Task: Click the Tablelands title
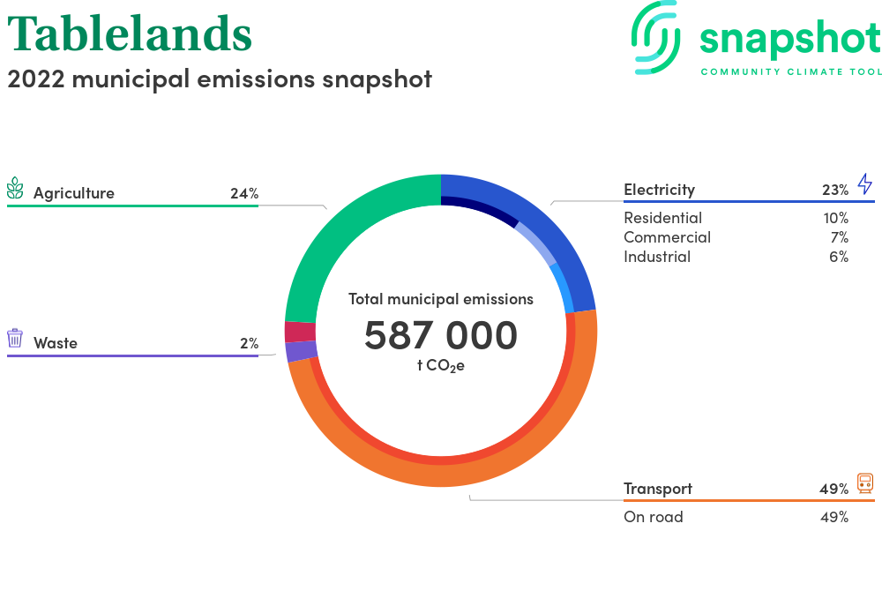coord(130,34)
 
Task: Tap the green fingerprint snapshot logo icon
coord(655,37)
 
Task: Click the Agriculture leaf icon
coord(15,189)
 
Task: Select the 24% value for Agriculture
coord(244,193)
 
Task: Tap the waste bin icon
coord(15,338)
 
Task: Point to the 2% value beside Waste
coord(250,343)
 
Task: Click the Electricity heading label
coord(659,190)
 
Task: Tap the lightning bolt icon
coord(865,183)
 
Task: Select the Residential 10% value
coord(836,218)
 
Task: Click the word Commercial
coord(667,237)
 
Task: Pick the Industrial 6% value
coord(839,257)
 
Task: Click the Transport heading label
coord(658,489)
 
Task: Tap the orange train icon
coord(865,483)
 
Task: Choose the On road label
coord(653,517)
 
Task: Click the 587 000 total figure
coord(441,335)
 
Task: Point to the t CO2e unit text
coord(441,366)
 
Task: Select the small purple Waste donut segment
coord(302,351)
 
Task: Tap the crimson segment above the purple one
coord(301,332)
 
